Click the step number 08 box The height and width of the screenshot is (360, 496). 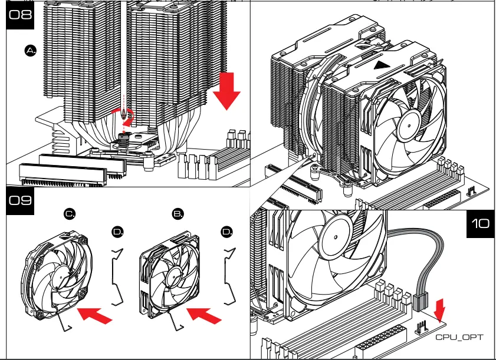20,15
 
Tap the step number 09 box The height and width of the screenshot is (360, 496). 20,200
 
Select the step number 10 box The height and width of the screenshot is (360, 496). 481,224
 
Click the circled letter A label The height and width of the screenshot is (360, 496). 31,51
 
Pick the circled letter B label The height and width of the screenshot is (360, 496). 178,214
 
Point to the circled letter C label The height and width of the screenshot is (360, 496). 70,214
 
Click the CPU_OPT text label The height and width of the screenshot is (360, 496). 459,337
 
